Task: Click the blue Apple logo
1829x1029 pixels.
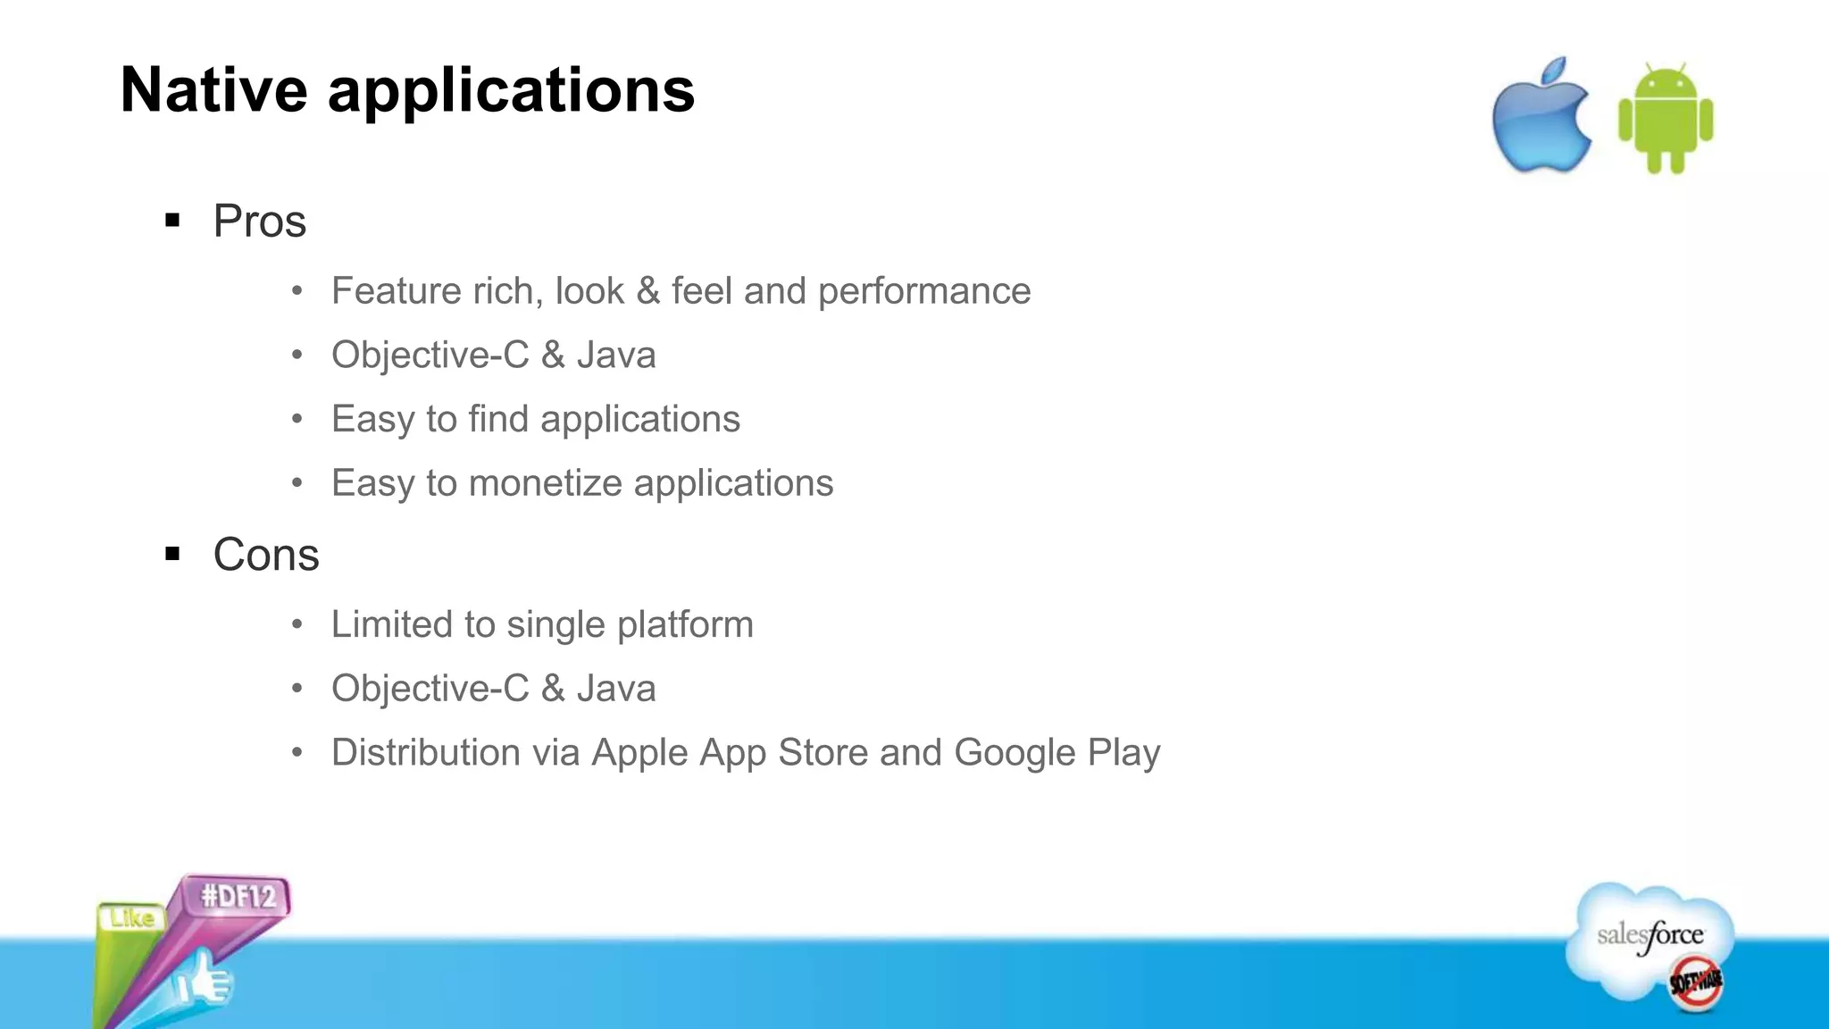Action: tap(1541, 118)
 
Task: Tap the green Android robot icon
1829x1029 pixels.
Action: tap(1666, 119)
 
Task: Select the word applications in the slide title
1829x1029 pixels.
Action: tap(511, 92)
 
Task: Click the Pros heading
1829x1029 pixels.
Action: tap(259, 221)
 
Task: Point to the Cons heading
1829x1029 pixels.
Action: tap(265, 555)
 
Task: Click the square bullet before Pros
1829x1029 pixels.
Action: tap(173, 220)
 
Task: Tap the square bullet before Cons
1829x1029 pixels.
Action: tap(173, 554)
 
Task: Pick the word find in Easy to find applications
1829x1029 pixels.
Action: tap(498, 419)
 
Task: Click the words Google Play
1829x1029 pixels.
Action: tap(1056, 753)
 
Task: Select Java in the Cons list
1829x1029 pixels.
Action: tap(616, 689)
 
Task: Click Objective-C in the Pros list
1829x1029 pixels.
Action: tap(430, 356)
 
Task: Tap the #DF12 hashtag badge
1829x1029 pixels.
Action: tap(238, 896)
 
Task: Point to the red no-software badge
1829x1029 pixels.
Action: tap(1696, 983)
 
